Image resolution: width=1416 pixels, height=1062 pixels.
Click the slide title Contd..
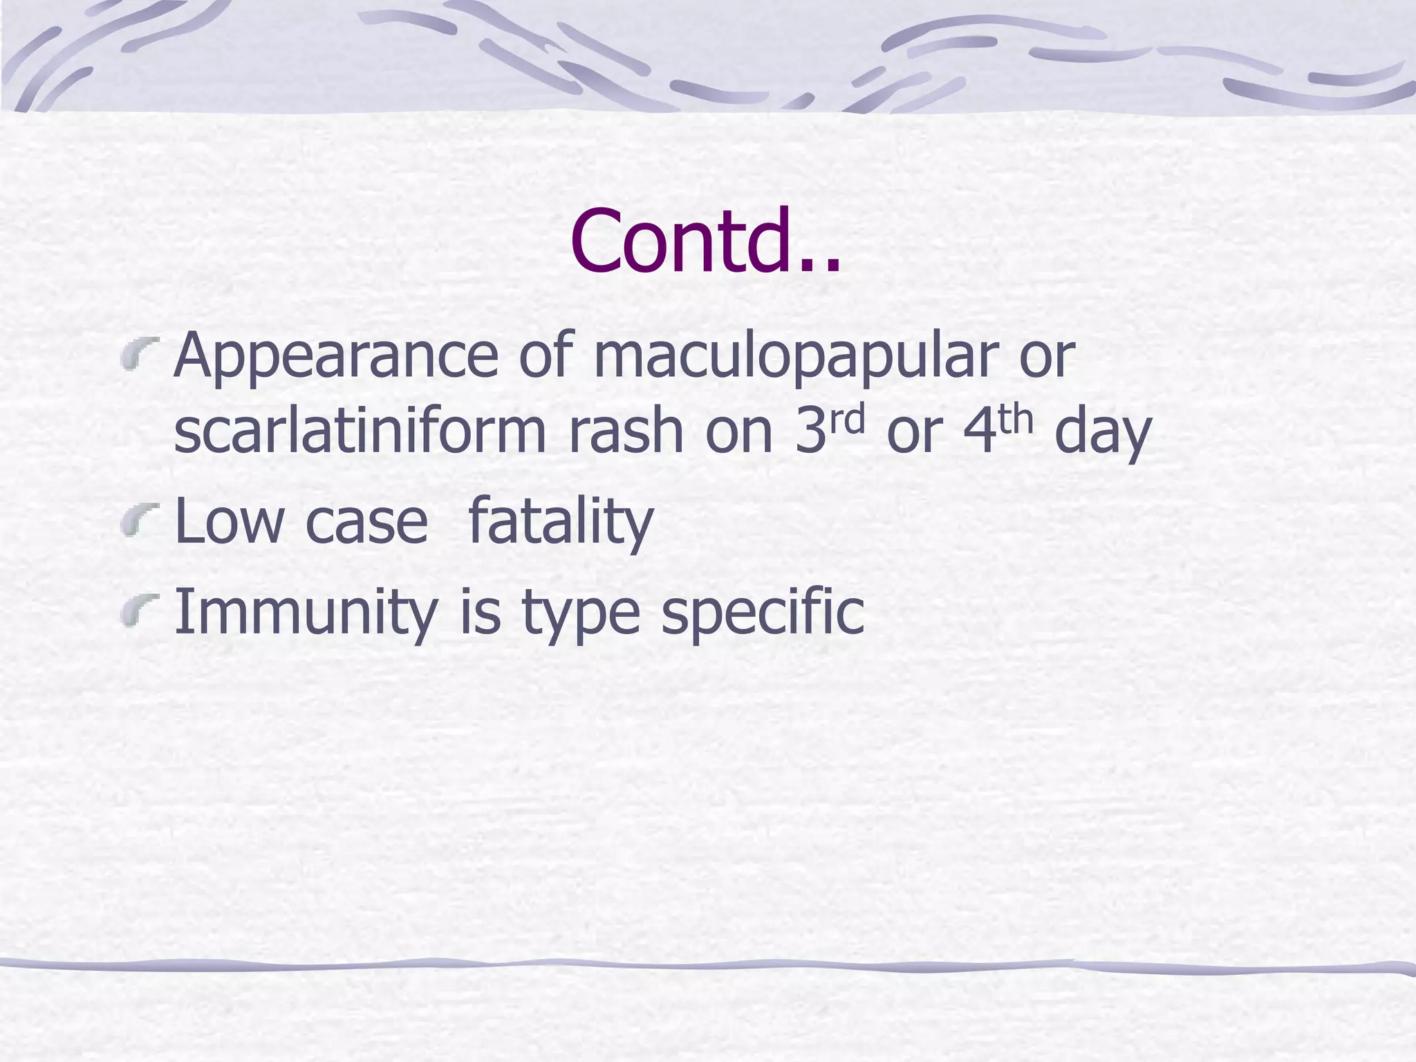tap(705, 240)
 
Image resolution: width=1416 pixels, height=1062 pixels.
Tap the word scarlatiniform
tap(360, 431)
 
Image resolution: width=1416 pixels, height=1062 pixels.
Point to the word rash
tap(625, 431)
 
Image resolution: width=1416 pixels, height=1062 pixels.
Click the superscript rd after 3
tap(848, 419)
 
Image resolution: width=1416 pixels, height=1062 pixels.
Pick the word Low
tap(229, 521)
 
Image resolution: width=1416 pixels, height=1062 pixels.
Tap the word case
tap(366, 523)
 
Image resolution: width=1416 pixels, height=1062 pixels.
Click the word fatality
tap(560, 523)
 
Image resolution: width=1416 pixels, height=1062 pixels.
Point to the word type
tap(581, 615)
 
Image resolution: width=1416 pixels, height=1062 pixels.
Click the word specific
tap(762, 614)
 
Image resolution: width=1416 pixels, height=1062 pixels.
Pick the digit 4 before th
tap(980, 431)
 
